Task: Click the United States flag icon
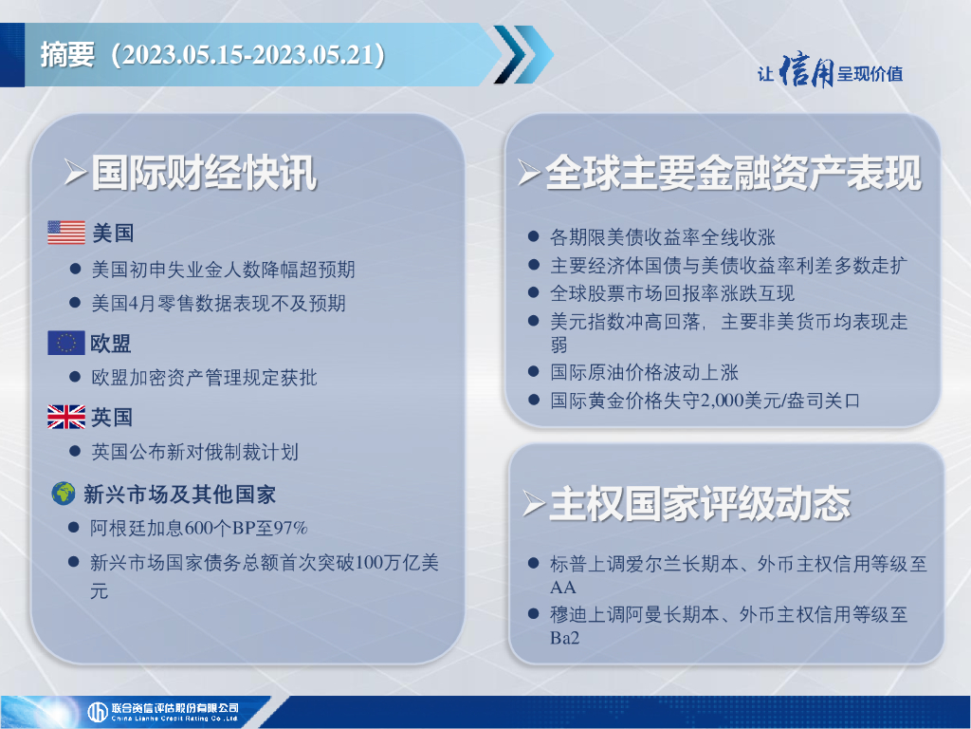[x=66, y=233]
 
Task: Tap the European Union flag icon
[x=66, y=343]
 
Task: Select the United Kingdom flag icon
[x=66, y=417]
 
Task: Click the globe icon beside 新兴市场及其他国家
[x=64, y=494]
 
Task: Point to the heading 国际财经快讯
[x=205, y=173]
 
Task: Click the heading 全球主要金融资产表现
[x=733, y=173]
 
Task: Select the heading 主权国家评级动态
[x=700, y=503]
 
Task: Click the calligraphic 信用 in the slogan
[x=806, y=70]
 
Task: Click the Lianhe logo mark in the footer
[x=98, y=712]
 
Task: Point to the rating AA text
[x=563, y=587]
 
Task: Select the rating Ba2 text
[x=565, y=638]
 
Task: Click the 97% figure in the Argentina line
[x=290, y=528]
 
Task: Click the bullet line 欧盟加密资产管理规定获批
[x=205, y=378]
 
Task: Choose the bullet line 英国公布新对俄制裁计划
[x=195, y=452]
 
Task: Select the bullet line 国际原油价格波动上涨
[x=644, y=372]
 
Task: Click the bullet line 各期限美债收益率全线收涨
[x=663, y=236]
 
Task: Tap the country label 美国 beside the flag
[x=113, y=234]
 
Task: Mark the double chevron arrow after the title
[x=523, y=54]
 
